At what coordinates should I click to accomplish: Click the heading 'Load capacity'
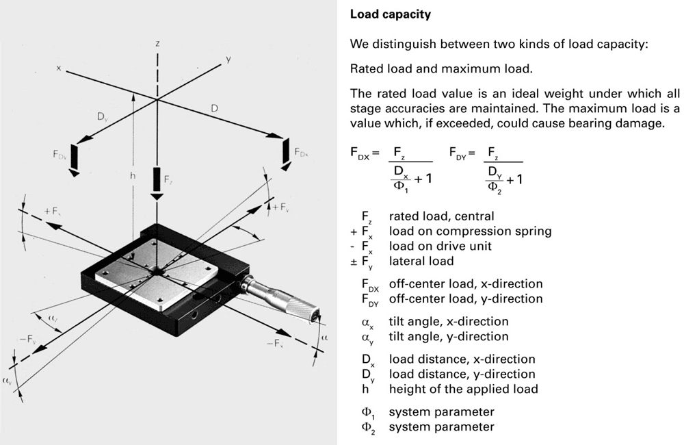click(x=391, y=14)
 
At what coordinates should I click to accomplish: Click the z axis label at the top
click(x=157, y=43)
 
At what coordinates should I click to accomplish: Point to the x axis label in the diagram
click(x=60, y=68)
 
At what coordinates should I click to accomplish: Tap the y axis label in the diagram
click(x=228, y=60)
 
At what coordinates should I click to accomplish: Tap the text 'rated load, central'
click(x=441, y=216)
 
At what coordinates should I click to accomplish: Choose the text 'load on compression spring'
click(x=470, y=231)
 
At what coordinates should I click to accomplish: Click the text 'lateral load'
click(x=421, y=261)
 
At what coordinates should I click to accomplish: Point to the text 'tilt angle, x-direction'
click(x=449, y=321)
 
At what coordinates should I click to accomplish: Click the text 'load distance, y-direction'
click(x=462, y=374)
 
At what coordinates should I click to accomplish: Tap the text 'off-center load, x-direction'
click(x=466, y=283)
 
